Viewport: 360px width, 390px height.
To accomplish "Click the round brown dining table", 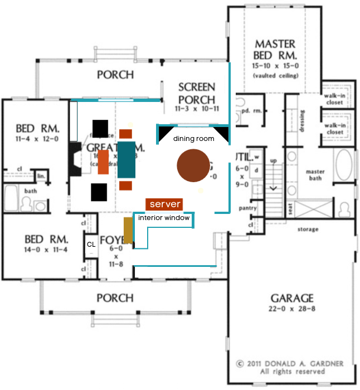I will pyautogui.click(x=193, y=166).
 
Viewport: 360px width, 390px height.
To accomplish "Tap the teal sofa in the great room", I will pyautogui.click(x=127, y=159).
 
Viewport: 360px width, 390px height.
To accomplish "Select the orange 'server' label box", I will pyautogui.click(x=164, y=204).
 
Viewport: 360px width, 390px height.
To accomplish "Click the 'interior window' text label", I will pyautogui.click(x=164, y=218).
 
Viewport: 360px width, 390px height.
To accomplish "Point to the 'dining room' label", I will pyautogui.click(x=193, y=139).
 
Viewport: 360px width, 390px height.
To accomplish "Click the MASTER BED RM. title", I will pyautogui.click(x=276, y=50).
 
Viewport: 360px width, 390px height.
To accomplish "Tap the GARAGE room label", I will pyautogui.click(x=292, y=298).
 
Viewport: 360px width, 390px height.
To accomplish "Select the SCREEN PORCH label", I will pyautogui.click(x=196, y=93).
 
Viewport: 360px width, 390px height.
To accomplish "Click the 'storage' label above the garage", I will pyautogui.click(x=308, y=229).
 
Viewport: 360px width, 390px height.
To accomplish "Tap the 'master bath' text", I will pyautogui.click(x=316, y=175).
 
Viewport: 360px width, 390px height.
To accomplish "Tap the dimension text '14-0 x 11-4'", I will pyautogui.click(x=47, y=250).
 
